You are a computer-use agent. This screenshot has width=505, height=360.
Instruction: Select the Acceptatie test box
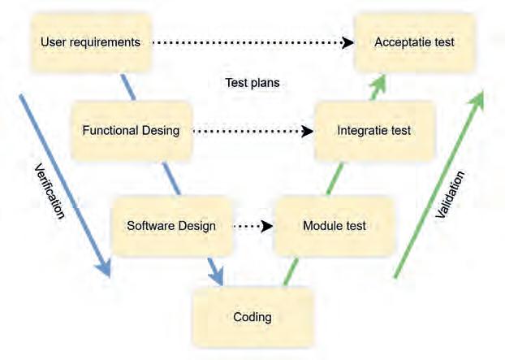(415, 41)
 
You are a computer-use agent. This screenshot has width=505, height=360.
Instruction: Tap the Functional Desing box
(132, 130)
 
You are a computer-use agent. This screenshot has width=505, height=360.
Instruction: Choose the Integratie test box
(374, 130)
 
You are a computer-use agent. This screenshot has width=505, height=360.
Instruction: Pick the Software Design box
(172, 225)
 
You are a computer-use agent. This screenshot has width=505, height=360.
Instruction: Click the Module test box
(334, 225)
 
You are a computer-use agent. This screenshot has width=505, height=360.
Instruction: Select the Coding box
(252, 317)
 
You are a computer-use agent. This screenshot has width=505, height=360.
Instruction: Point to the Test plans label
(251, 82)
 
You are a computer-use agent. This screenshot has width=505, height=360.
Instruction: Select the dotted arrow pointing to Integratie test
(252, 130)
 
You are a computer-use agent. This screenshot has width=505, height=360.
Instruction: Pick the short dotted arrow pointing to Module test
(252, 226)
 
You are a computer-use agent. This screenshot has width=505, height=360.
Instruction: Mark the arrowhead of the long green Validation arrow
(477, 98)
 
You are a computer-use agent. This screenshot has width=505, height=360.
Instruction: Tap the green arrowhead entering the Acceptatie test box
(378, 81)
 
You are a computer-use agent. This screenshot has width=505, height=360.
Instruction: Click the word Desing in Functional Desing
(158, 130)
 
